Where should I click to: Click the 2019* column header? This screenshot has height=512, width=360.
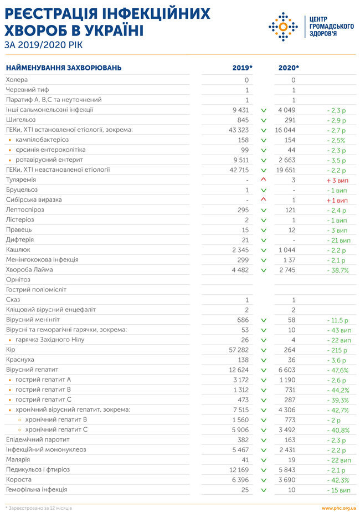click(242, 68)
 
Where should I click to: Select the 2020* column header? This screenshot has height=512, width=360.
click(289, 68)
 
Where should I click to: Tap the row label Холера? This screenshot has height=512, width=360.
click(17, 80)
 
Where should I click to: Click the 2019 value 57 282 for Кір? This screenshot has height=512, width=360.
click(239, 350)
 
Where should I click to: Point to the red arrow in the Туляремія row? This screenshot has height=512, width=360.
click(264, 180)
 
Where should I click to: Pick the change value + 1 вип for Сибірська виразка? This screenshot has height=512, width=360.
click(337, 201)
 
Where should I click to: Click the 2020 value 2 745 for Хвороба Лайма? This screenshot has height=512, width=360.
click(287, 270)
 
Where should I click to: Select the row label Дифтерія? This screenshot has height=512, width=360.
click(20, 240)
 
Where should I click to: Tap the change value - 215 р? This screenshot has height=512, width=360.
click(337, 350)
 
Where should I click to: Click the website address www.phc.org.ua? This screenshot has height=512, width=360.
click(338, 508)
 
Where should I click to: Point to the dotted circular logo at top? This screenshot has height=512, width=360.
click(284, 27)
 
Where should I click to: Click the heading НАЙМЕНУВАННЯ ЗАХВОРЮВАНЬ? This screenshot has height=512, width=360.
click(64, 68)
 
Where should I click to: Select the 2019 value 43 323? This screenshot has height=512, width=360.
click(239, 130)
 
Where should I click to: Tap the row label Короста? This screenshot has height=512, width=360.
click(19, 479)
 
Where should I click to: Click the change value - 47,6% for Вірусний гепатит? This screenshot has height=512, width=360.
click(337, 370)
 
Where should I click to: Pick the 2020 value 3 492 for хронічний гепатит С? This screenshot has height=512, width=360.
click(287, 430)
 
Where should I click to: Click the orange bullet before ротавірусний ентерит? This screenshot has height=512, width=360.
click(10, 160)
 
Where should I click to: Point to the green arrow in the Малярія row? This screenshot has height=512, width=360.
click(264, 460)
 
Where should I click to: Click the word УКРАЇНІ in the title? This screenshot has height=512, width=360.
click(110, 30)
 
